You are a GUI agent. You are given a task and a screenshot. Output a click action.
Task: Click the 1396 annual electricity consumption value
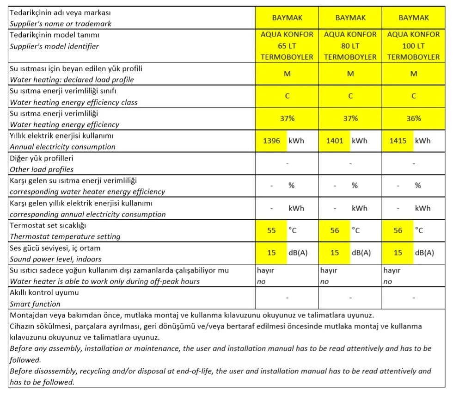click(271, 141)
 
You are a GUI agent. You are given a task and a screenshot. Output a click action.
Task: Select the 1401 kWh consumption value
click(335, 141)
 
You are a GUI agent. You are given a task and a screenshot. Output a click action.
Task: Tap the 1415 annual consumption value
click(398, 141)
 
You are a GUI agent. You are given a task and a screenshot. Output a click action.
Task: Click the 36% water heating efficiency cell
click(413, 118)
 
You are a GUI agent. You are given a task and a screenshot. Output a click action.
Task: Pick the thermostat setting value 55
click(271, 230)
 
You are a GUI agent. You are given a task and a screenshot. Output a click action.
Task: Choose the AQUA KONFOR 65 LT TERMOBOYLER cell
click(287, 46)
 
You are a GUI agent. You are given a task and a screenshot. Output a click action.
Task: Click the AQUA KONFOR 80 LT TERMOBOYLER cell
click(350, 46)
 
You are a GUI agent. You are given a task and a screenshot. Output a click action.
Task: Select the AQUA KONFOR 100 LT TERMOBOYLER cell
click(413, 46)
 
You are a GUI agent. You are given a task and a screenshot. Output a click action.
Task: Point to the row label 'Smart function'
click(35, 304)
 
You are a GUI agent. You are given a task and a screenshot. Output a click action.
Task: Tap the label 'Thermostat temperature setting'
click(65, 236)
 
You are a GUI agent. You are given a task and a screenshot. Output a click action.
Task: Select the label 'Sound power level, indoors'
click(55, 259)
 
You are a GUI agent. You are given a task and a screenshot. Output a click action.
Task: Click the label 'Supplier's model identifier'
click(54, 46)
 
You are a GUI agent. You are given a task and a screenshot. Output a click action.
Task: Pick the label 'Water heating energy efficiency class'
click(74, 102)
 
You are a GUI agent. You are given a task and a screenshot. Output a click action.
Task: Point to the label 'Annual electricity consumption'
click(63, 147)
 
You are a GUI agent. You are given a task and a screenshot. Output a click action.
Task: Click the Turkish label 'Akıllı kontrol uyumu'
click(44, 292)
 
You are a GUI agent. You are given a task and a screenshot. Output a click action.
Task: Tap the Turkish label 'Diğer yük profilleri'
click(42, 158)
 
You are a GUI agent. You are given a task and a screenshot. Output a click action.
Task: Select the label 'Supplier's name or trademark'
click(61, 24)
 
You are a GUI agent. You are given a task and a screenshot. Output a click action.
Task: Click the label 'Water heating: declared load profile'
click(72, 80)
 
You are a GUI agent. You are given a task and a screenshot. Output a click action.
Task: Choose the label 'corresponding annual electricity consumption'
click(88, 214)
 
